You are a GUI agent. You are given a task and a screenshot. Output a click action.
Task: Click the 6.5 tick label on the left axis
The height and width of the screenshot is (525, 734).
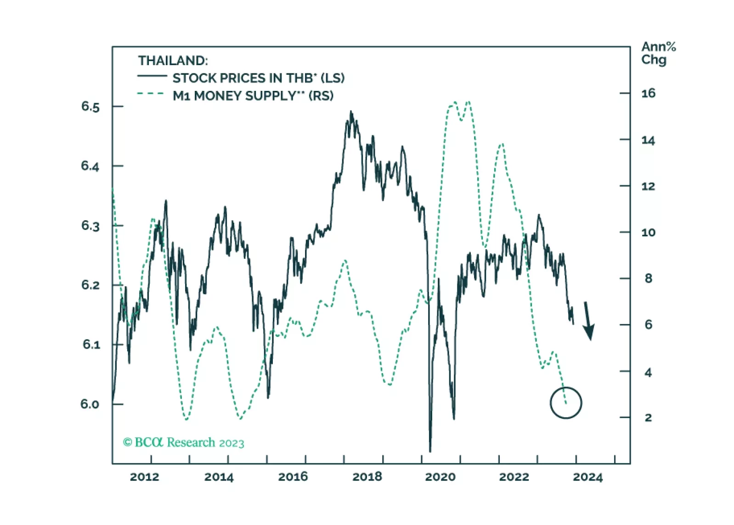90,107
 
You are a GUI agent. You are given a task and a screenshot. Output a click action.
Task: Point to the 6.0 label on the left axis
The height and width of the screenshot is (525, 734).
90,404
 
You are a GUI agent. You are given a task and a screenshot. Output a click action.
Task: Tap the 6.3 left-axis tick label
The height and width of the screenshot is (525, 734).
90,226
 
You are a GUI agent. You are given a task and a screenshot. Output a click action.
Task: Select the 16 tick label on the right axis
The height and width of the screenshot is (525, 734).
648,94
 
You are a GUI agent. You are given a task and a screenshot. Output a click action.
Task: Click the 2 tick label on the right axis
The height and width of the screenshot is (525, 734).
648,418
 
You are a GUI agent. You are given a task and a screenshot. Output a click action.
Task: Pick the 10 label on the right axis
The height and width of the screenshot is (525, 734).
648,233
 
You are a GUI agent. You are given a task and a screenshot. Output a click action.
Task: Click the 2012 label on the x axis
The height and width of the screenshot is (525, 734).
144,477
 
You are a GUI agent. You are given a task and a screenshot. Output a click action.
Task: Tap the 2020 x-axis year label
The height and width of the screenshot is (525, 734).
440,477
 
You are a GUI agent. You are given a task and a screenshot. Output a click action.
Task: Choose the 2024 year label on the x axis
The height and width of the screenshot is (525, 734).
587,477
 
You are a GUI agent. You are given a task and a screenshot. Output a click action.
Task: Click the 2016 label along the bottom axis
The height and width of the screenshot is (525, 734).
293,477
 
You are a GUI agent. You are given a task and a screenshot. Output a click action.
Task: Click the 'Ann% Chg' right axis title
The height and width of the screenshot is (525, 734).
658,53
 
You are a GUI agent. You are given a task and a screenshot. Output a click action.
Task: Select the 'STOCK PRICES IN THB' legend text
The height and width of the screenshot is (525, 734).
258,78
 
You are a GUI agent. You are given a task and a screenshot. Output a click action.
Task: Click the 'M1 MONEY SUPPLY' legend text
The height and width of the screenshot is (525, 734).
253,96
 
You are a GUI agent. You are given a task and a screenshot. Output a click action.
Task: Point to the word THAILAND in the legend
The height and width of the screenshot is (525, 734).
173,61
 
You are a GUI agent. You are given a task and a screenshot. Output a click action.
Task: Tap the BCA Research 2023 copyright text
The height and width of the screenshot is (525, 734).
183,442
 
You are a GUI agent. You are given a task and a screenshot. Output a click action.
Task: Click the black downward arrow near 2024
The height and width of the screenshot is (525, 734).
588,321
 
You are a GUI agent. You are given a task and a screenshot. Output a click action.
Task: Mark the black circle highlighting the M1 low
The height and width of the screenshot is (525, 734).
566,403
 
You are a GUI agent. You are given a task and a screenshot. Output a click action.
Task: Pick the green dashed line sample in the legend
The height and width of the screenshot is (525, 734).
151,94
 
